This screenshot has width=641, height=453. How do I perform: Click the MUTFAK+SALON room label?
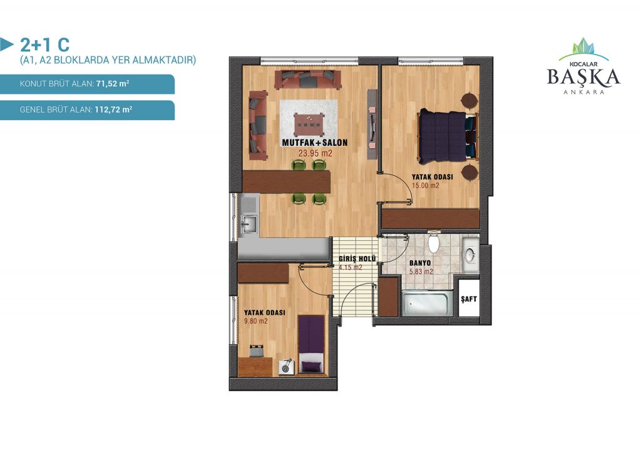315,143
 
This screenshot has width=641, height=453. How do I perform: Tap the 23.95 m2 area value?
315,153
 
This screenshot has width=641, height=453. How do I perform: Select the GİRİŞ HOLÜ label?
357,259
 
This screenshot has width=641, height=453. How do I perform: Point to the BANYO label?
420,263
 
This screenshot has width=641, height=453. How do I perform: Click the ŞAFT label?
468,299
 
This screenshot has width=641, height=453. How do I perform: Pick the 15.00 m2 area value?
425,185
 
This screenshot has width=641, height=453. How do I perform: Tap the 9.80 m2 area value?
256,321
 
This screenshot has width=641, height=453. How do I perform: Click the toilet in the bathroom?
433,242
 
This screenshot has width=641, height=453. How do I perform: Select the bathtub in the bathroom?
427,303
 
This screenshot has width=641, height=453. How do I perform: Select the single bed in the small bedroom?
311,344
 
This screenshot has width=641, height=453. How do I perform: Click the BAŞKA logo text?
583,77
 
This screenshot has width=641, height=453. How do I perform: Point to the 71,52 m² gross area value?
113,84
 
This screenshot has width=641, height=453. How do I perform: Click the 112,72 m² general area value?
113,109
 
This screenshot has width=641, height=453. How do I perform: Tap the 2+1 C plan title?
44,44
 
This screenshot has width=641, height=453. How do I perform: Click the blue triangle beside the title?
6,44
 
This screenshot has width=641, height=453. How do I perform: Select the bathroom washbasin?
471,255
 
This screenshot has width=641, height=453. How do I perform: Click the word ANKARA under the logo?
584,93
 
